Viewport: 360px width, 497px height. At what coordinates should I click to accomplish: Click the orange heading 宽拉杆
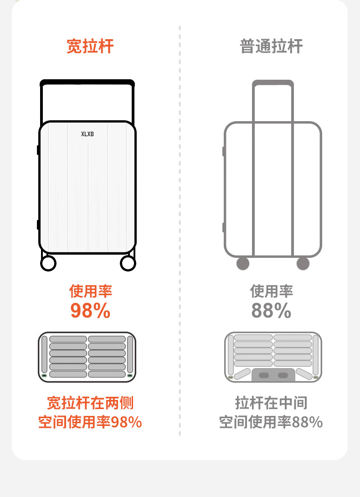tap(90, 46)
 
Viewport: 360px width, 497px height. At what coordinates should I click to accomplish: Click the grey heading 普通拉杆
tap(271, 46)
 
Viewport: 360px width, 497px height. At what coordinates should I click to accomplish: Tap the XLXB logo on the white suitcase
tap(87, 134)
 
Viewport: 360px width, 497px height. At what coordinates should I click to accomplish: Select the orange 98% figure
tap(90, 311)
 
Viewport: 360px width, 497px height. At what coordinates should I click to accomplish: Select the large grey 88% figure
tap(271, 311)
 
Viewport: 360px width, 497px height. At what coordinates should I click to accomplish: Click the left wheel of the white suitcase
tap(48, 263)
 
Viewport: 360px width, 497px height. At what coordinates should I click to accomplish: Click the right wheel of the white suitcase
tap(128, 263)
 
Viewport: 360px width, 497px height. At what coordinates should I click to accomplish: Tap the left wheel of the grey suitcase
tap(243, 263)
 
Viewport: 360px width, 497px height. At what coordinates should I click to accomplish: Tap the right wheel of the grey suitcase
tap(303, 263)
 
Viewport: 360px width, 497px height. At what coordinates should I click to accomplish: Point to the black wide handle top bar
tap(87, 83)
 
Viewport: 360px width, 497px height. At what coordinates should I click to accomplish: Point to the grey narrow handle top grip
tap(273, 83)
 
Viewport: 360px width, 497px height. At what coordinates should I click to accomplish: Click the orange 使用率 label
tap(90, 291)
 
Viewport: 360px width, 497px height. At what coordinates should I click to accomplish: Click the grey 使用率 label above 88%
tap(271, 291)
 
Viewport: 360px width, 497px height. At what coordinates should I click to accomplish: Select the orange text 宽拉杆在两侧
tap(90, 403)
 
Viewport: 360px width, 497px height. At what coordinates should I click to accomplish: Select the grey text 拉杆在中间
tap(271, 403)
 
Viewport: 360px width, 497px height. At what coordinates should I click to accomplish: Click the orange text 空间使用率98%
tap(90, 422)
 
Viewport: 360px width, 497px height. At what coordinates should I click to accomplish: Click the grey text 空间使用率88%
tap(271, 422)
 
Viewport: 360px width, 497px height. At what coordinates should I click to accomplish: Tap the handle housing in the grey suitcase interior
tap(273, 375)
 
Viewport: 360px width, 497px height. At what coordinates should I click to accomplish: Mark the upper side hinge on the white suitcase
tap(38, 149)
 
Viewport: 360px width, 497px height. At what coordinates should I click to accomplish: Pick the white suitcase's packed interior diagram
tap(87, 357)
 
